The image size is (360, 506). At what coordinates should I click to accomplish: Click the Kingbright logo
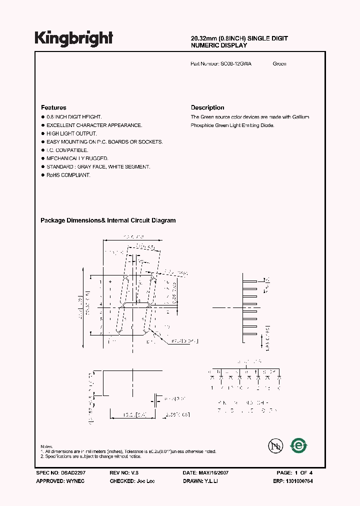(x=73, y=38)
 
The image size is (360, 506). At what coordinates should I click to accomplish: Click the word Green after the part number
(x=279, y=64)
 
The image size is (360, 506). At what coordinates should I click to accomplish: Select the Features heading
(x=53, y=107)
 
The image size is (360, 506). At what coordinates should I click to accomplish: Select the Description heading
(x=207, y=107)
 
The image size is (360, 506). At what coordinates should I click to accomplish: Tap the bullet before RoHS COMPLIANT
(x=42, y=175)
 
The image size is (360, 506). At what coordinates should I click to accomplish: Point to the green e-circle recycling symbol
(x=299, y=445)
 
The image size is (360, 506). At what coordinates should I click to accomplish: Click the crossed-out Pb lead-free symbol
(x=274, y=445)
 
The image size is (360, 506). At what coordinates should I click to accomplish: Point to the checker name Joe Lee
(x=144, y=480)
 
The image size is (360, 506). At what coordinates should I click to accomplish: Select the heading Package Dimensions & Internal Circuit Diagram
(x=107, y=220)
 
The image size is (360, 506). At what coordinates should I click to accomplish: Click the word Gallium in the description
(x=300, y=117)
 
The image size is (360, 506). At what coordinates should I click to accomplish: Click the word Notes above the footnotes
(x=46, y=446)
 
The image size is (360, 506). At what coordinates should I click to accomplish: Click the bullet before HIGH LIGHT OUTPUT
(x=42, y=133)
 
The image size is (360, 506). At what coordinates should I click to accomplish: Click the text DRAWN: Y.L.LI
(x=200, y=480)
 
